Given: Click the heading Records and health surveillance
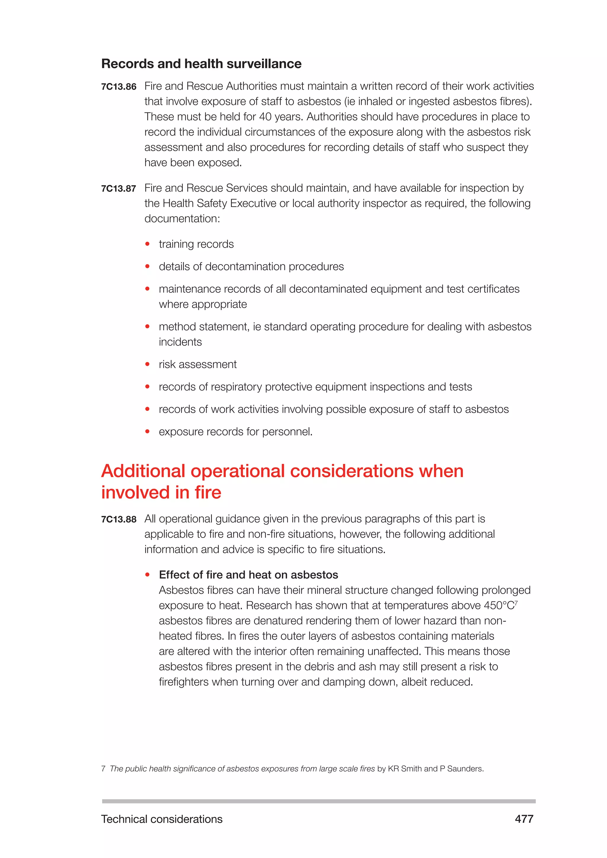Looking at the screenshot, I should pyautogui.click(x=201, y=64).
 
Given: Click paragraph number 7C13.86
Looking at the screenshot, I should pyautogui.click(x=119, y=87).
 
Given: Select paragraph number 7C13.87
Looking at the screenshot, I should pyautogui.click(x=119, y=188).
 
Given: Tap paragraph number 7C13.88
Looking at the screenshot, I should pyautogui.click(x=119, y=519).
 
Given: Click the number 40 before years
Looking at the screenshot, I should pyautogui.click(x=265, y=117).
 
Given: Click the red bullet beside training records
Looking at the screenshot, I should pyautogui.click(x=147, y=244).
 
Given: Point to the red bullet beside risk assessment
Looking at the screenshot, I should pyautogui.click(x=147, y=364).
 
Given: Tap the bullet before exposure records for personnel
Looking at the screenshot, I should pyautogui.click(x=147, y=432).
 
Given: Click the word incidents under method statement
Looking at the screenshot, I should pyautogui.click(x=180, y=342).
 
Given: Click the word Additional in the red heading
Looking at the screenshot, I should pyautogui.click(x=143, y=471).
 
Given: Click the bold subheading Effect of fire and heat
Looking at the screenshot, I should pyautogui.click(x=248, y=575).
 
